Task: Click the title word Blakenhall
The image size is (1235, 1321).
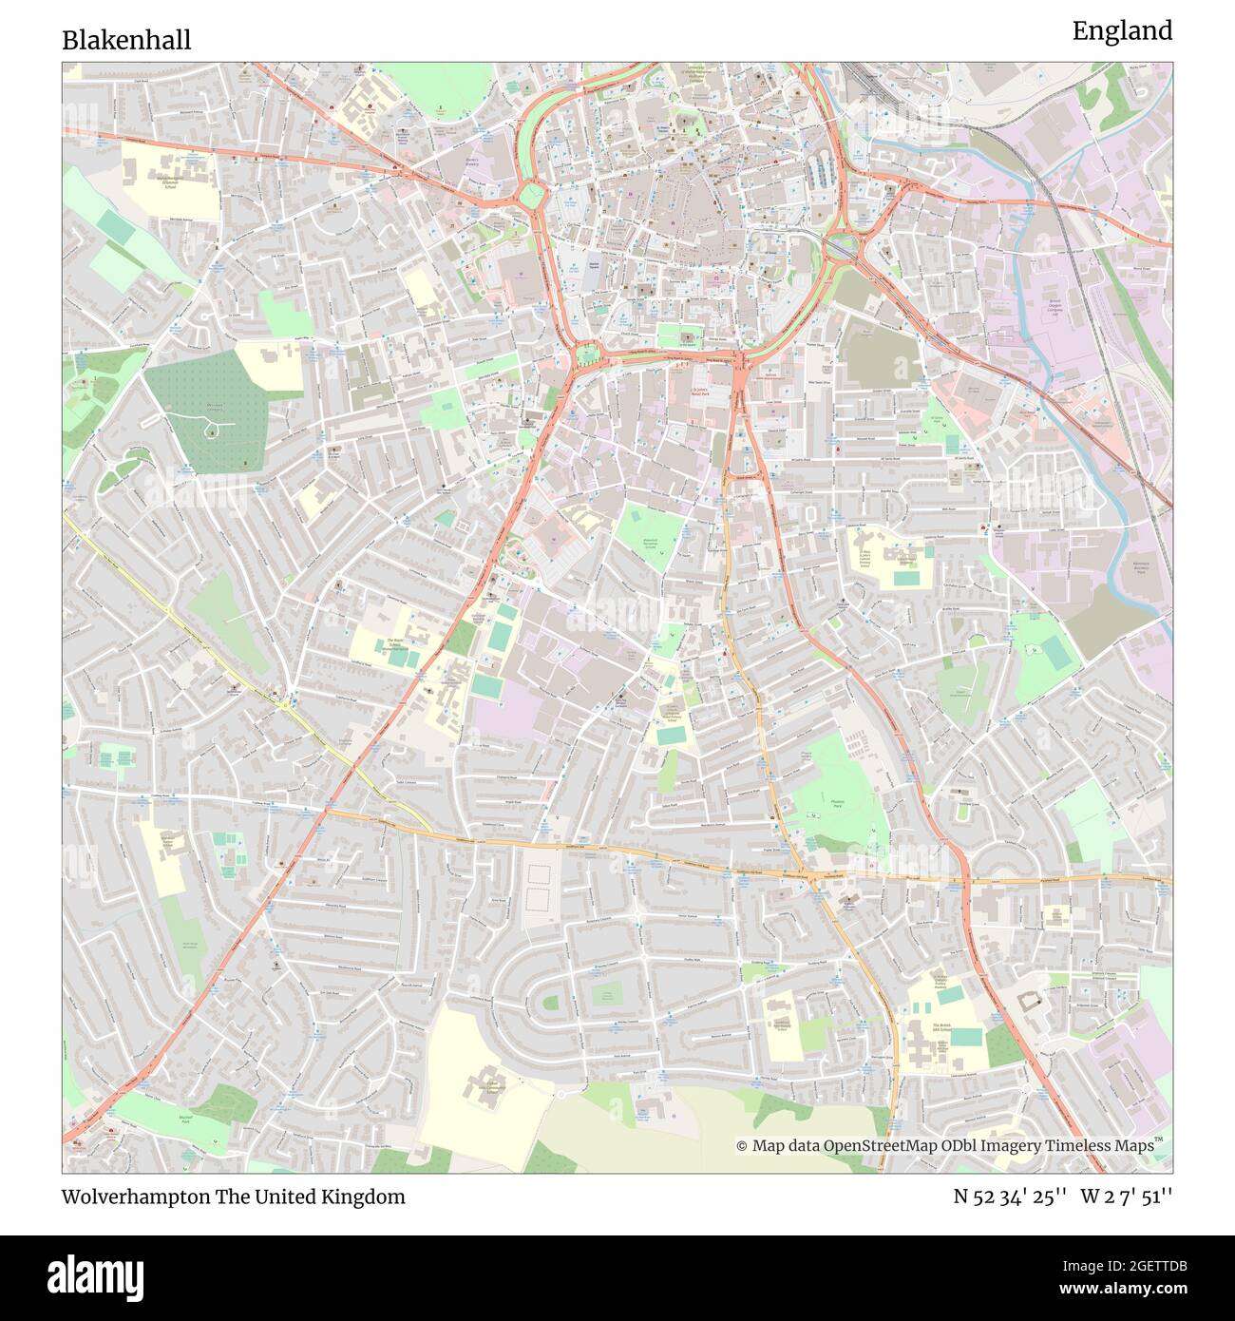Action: [126, 40]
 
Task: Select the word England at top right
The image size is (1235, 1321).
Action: [1122, 31]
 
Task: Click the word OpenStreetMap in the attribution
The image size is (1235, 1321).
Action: [882, 1146]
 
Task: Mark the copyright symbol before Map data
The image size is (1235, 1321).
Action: [742, 1146]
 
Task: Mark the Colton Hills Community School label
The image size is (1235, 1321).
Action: [488, 1084]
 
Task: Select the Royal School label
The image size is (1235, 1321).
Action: [395, 646]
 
